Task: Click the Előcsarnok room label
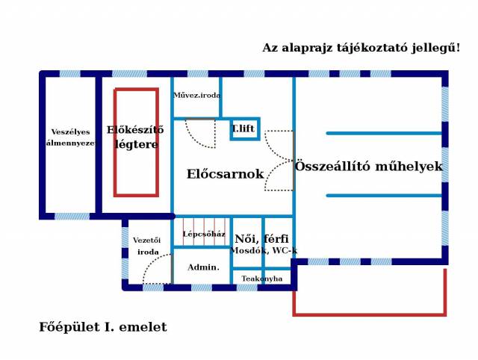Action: [x=225, y=174]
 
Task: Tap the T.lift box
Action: [x=243, y=128]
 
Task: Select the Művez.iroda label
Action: [x=196, y=95]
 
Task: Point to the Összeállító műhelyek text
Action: [x=368, y=167]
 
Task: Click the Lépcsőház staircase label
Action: [x=204, y=234]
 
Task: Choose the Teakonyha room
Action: [x=261, y=279]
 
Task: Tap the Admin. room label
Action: [x=203, y=267]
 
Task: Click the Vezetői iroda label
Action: [x=147, y=246]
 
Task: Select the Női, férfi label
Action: [x=261, y=238]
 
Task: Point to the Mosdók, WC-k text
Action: [x=263, y=250]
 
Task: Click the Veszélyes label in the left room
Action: [x=70, y=132]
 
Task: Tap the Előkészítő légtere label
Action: [x=135, y=137]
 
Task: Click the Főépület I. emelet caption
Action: [x=103, y=327]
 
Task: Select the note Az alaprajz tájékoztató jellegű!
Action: [x=361, y=48]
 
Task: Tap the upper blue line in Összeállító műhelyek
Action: [x=384, y=134]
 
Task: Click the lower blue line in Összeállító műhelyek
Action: [x=384, y=196]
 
